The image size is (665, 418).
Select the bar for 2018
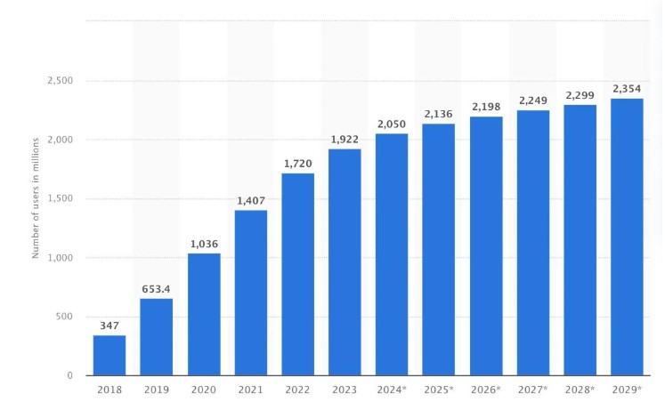click(109, 355)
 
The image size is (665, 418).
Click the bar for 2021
click(251, 293)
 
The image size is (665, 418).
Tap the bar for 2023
click(345, 261)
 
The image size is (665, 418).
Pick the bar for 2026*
click(486, 245)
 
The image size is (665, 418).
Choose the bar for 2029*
click(627, 237)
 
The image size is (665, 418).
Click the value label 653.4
click(157, 289)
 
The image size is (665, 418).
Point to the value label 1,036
click(204, 244)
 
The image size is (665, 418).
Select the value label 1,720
click(298, 164)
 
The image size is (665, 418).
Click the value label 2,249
click(533, 100)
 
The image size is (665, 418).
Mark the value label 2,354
click(627, 89)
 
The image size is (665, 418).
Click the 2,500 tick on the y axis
click(60, 81)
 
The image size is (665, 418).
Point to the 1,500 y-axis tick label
click(60, 199)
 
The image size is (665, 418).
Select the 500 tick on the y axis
click(64, 317)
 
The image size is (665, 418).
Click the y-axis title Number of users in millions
click(36, 197)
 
